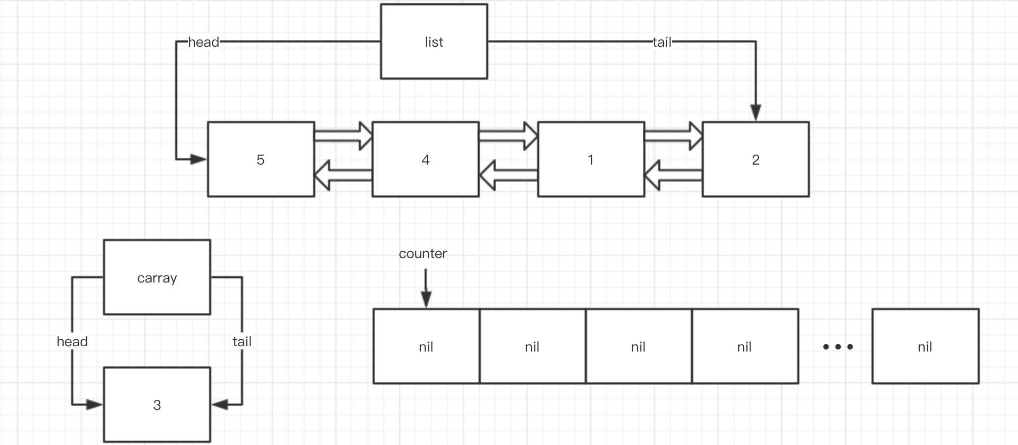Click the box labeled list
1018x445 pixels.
tap(434, 42)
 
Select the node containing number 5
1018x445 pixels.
tap(261, 159)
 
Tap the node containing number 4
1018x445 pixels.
tap(425, 159)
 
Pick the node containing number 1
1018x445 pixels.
tap(591, 159)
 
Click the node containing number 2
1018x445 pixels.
tap(755, 159)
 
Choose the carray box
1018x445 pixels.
tap(157, 277)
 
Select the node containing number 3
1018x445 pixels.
tap(157, 405)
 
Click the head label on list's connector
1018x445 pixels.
tap(204, 42)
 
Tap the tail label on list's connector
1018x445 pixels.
tap(662, 42)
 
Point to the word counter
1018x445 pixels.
tap(422, 253)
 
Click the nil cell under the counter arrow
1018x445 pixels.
tap(426, 346)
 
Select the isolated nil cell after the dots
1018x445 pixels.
tap(925, 346)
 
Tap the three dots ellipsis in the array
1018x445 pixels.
tap(838, 347)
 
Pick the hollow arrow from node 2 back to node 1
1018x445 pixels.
tap(673, 175)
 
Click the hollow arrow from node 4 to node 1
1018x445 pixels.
tap(508, 136)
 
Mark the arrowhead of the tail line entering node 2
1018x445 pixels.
tap(756, 113)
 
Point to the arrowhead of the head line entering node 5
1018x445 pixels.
tap(199, 159)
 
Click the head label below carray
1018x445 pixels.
tap(72, 341)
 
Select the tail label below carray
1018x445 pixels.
tap(242, 341)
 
